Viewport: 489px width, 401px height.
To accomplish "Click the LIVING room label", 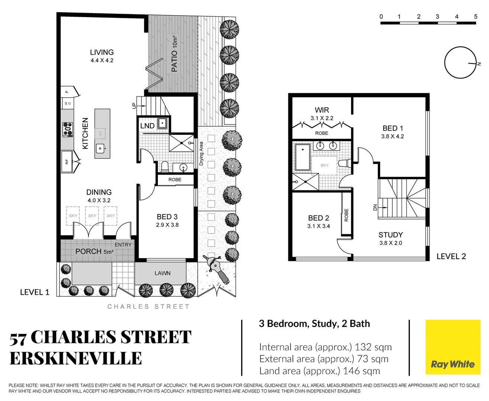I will [101, 52].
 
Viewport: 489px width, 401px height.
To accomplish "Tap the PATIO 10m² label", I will [174, 54].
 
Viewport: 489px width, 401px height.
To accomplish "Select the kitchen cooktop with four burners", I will [68, 130].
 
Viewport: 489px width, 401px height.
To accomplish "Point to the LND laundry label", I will [147, 126].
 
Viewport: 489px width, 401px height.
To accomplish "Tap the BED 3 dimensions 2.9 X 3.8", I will [167, 225].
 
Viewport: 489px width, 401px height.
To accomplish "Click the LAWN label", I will [162, 273].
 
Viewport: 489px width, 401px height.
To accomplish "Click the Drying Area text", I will [201, 153].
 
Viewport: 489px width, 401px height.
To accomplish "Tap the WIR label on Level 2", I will [322, 110].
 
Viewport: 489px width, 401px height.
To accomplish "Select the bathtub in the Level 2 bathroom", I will [302, 157].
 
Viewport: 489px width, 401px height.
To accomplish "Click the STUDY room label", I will [391, 235].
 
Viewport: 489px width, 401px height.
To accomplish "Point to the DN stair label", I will [375, 207].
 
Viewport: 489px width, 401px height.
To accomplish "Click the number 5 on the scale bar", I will [476, 17].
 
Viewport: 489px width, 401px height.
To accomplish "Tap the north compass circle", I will [460, 63].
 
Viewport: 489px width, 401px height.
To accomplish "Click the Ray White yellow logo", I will [453, 347].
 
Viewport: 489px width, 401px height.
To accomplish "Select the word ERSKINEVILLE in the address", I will [76, 359].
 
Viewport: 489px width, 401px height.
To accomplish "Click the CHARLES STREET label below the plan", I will [148, 307].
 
